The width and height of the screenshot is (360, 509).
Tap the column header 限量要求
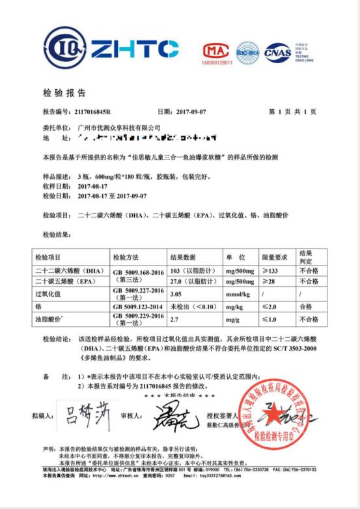[x=274, y=256]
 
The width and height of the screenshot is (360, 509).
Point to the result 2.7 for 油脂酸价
[x=174, y=317]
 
